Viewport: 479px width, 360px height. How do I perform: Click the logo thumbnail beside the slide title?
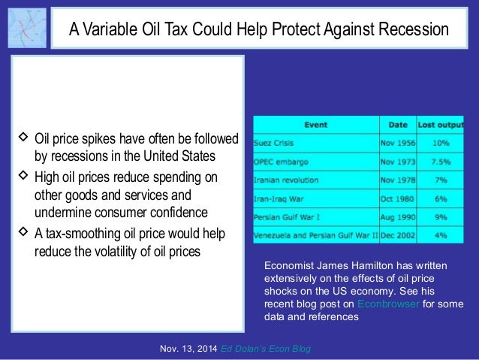[x=27, y=28]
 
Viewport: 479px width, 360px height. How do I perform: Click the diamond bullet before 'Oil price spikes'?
[x=23, y=138]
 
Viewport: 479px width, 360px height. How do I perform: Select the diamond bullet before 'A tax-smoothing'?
[x=23, y=231]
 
